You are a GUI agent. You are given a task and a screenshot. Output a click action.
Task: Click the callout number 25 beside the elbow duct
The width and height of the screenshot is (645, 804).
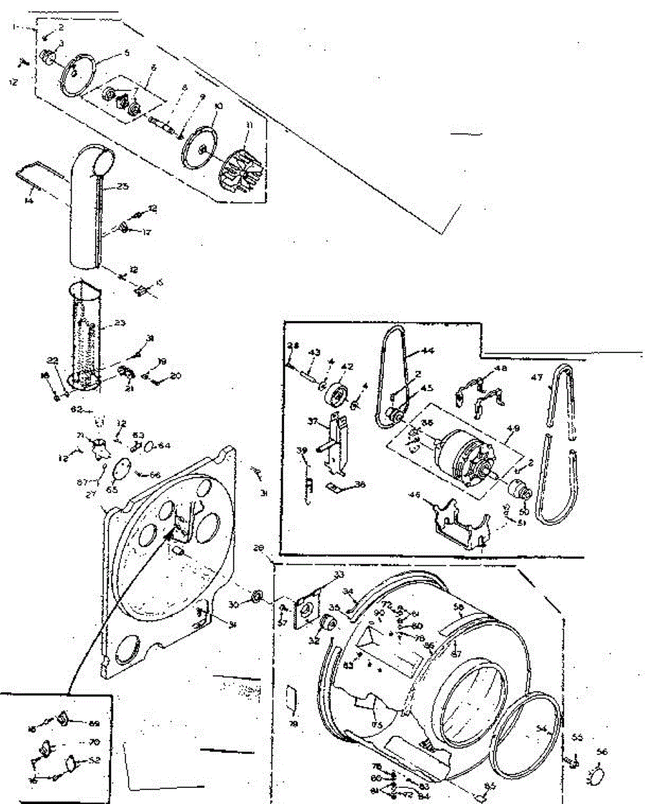click(123, 186)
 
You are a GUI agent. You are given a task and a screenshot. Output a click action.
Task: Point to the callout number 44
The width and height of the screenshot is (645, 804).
click(426, 350)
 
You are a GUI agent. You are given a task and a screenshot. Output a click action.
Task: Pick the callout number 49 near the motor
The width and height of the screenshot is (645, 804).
click(514, 428)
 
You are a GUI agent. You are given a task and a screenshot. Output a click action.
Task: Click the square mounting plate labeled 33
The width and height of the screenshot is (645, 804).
click(307, 608)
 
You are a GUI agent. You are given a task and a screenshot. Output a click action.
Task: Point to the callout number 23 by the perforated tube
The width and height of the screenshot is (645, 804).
click(120, 323)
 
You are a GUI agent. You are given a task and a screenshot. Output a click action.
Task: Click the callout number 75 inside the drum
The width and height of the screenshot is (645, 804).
click(377, 725)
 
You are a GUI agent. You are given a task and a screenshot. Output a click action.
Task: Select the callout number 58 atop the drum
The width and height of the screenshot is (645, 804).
click(459, 607)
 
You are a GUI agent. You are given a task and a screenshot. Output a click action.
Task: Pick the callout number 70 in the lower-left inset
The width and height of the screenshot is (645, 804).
click(93, 742)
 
